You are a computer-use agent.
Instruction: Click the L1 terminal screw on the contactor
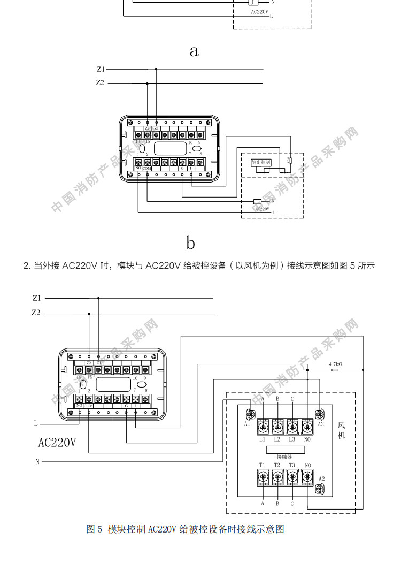(x=263, y=427)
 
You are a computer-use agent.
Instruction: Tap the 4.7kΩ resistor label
(x=336, y=364)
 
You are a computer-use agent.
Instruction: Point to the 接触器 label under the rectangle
(x=284, y=457)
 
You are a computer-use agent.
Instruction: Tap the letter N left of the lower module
(x=37, y=461)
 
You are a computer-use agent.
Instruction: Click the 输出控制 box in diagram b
(x=261, y=162)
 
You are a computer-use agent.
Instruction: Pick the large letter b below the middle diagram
(x=191, y=242)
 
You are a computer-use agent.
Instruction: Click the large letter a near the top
(x=194, y=51)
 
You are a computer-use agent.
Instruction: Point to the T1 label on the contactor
(x=263, y=465)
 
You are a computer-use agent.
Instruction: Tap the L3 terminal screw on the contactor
(x=292, y=427)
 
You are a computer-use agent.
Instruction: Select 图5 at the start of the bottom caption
(x=94, y=529)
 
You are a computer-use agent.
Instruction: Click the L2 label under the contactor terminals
(x=277, y=439)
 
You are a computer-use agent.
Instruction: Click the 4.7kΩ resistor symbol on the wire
(x=336, y=370)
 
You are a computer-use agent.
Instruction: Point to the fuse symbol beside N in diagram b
(x=257, y=201)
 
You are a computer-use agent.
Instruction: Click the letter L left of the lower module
(x=36, y=423)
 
